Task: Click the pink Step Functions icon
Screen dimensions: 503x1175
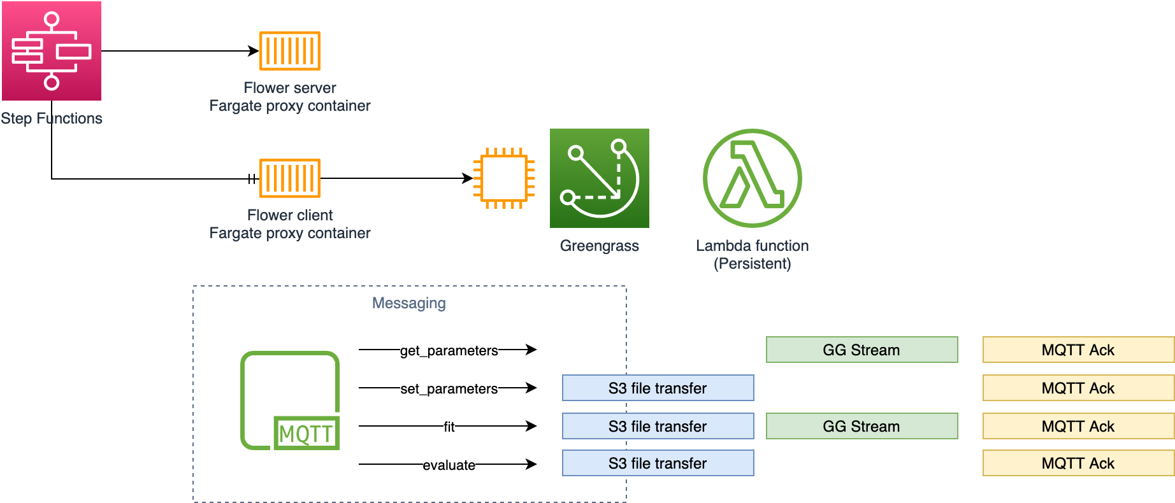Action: (52, 51)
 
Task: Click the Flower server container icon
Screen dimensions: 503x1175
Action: (290, 51)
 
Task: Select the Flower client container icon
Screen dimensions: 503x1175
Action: (290, 178)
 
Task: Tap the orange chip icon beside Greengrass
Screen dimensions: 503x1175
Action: (503, 178)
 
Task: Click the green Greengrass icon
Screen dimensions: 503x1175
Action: (599, 178)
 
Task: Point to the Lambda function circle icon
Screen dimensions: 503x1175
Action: (752, 178)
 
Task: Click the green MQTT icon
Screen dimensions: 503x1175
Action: (290, 401)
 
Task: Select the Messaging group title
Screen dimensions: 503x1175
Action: (408, 303)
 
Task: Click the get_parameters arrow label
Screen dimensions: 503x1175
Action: (449, 351)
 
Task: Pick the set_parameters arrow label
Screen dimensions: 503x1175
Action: (449, 389)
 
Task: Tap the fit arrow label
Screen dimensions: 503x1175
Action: (449, 427)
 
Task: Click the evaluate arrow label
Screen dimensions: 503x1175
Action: (449, 465)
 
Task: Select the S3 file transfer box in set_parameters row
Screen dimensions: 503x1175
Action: (658, 388)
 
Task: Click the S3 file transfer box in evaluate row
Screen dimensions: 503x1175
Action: (658, 463)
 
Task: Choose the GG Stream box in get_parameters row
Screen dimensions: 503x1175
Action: (861, 350)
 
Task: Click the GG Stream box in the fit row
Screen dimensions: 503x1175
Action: (861, 426)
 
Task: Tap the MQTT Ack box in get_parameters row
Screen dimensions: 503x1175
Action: (1078, 350)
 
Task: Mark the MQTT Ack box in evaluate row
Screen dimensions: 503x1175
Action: (1078, 463)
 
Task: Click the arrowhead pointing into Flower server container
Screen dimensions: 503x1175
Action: (254, 51)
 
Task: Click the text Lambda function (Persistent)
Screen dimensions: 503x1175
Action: (752, 255)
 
